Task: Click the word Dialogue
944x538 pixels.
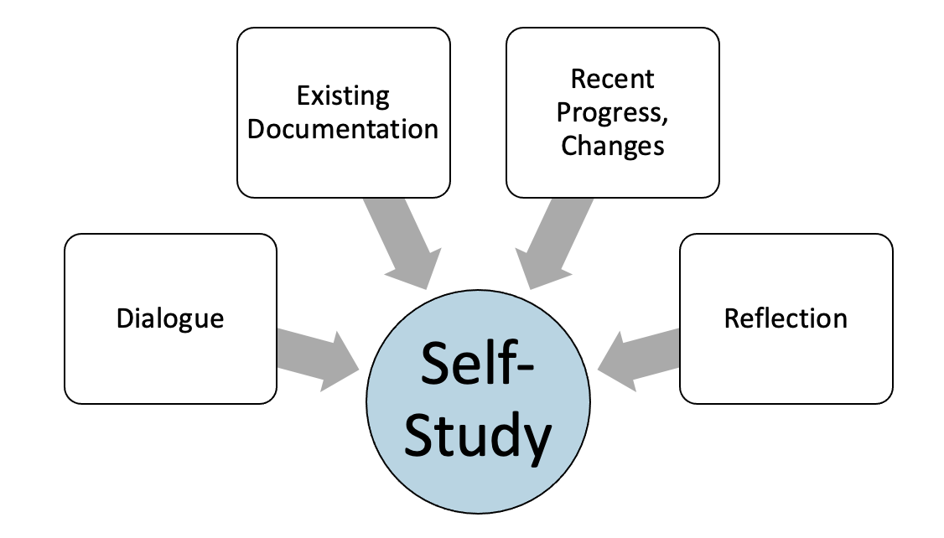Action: [170, 318]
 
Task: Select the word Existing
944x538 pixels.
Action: [343, 96]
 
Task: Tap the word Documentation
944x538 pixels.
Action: [343, 129]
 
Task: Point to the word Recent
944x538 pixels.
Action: [612, 79]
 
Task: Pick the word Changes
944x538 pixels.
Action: [612, 146]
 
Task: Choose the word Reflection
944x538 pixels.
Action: [786, 318]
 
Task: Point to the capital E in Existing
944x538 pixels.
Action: [303, 96]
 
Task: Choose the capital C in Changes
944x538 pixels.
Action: [569, 146]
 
